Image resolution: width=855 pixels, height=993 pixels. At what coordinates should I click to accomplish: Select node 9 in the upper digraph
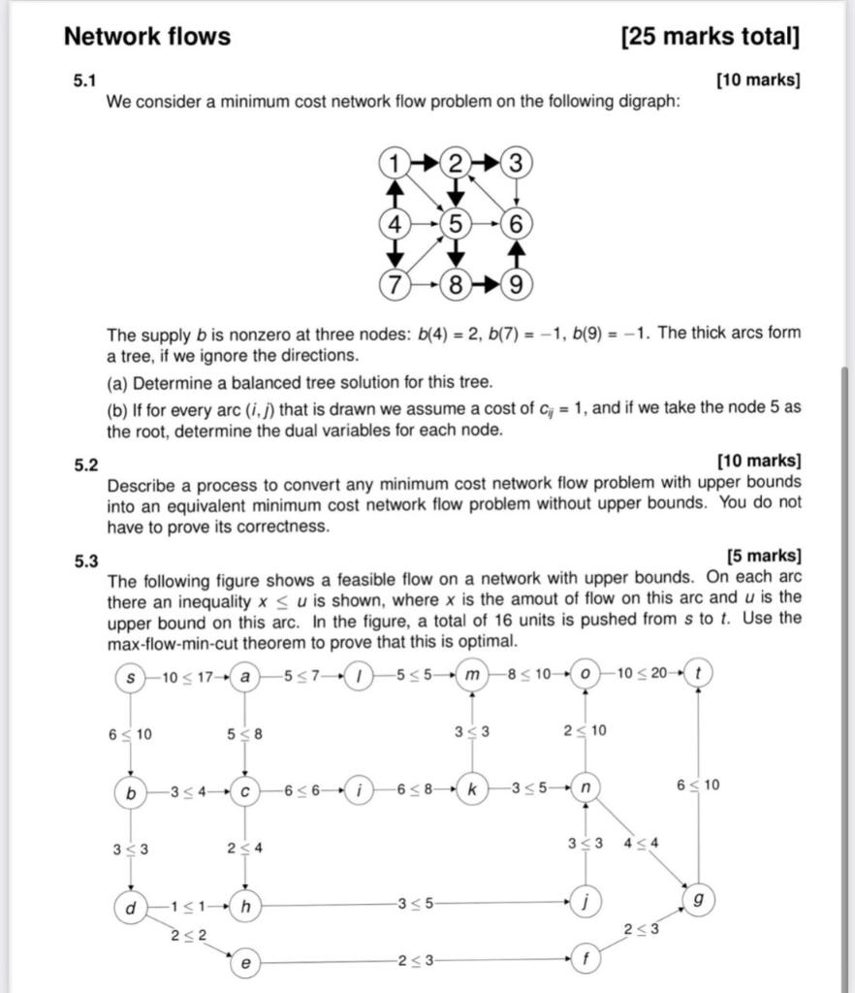[x=517, y=285]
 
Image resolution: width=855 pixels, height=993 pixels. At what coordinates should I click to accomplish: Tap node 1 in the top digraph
[x=394, y=163]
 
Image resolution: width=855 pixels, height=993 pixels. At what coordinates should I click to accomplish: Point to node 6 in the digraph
[x=517, y=224]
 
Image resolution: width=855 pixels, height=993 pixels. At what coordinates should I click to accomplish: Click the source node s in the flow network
[x=129, y=676]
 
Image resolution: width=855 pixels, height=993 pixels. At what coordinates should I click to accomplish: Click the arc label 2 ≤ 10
[x=586, y=730]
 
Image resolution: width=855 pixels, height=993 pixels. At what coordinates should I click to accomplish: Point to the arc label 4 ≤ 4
[x=641, y=842]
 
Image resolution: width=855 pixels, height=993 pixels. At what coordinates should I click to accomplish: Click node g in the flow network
[x=698, y=898]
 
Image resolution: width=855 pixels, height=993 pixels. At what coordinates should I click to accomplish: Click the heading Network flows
[x=147, y=37]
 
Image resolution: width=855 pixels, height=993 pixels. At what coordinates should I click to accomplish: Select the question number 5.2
[x=86, y=464]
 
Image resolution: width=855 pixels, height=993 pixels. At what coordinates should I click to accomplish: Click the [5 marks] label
[x=763, y=557]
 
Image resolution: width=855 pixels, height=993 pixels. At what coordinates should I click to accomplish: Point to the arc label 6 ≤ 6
[x=301, y=789]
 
